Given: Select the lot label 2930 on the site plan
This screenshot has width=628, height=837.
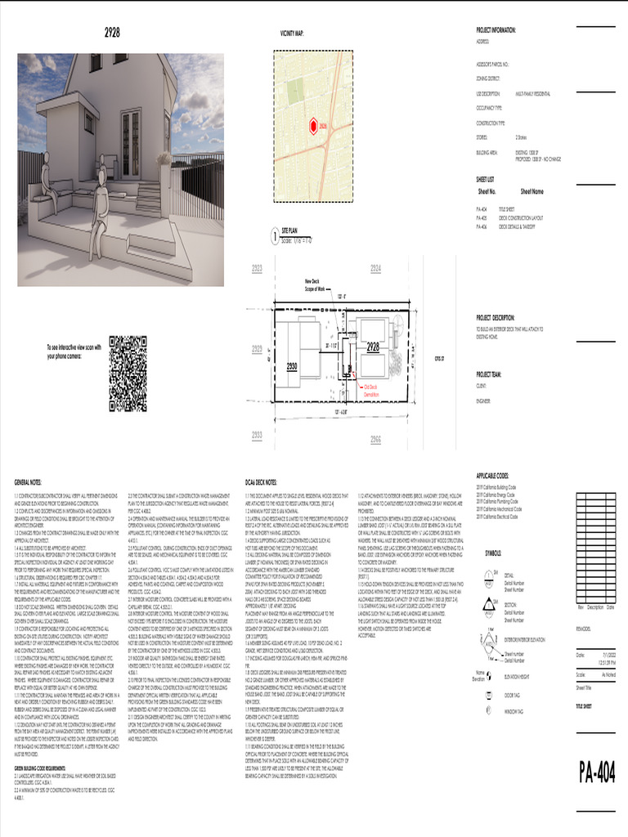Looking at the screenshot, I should [x=292, y=368].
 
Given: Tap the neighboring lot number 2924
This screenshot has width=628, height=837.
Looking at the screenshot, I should [x=375, y=269].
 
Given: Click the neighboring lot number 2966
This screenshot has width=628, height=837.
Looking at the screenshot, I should [x=375, y=439].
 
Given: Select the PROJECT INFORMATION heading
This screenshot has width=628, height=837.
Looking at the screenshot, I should [x=496, y=29].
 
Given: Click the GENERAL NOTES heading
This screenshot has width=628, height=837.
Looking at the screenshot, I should [x=30, y=483].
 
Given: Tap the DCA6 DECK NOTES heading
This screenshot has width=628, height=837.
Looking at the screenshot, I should [x=261, y=483].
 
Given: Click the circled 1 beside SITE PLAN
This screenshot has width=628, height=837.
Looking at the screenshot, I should [x=274, y=237].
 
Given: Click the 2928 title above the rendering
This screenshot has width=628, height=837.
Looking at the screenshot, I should [x=113, y=33].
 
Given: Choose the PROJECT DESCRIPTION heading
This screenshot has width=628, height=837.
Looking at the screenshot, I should [x=496, y=318].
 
